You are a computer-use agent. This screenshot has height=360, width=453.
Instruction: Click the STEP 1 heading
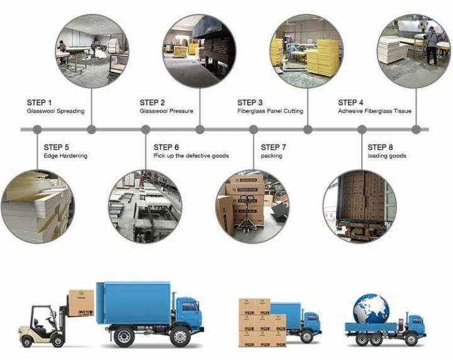tap(39, 103)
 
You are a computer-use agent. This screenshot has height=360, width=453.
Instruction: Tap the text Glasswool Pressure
tap(166, 111)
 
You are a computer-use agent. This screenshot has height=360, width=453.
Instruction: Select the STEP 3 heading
tap(250, 103)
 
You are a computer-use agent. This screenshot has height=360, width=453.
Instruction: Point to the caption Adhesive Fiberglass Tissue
tap(375, 111)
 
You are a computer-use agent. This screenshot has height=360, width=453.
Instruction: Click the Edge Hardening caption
tap(65, 155)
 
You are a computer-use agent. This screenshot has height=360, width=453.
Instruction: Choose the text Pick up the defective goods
tap(191, 155)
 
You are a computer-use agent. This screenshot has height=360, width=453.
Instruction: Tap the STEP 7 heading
tap(273, 147)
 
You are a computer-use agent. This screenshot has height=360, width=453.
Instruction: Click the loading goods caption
tap(387, 156)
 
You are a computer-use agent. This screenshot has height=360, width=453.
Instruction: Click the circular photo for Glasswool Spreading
tap(92, 51)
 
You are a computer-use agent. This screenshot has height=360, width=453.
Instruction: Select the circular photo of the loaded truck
tap(360, 206)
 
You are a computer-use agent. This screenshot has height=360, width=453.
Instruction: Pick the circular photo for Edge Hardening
tap(38, 206)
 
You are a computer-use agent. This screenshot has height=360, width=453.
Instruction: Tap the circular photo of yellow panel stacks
tap(307, 51)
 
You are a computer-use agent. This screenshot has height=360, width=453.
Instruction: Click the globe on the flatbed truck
tap(371, 308)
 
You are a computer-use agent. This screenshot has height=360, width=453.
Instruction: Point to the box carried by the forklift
tap(81, 303)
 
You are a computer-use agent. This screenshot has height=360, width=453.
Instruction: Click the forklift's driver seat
tap(37, 323)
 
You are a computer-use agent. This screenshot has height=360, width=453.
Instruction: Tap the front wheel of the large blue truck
tap(180, 337)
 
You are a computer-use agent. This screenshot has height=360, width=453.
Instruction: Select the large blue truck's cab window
tap(189, 307)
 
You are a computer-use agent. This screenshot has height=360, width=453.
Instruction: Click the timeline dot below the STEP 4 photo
tap(416, 130)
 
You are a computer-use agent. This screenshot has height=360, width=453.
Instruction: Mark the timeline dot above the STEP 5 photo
tap(37, 130)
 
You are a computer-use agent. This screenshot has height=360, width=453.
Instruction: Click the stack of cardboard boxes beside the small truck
tap(262, 322)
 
